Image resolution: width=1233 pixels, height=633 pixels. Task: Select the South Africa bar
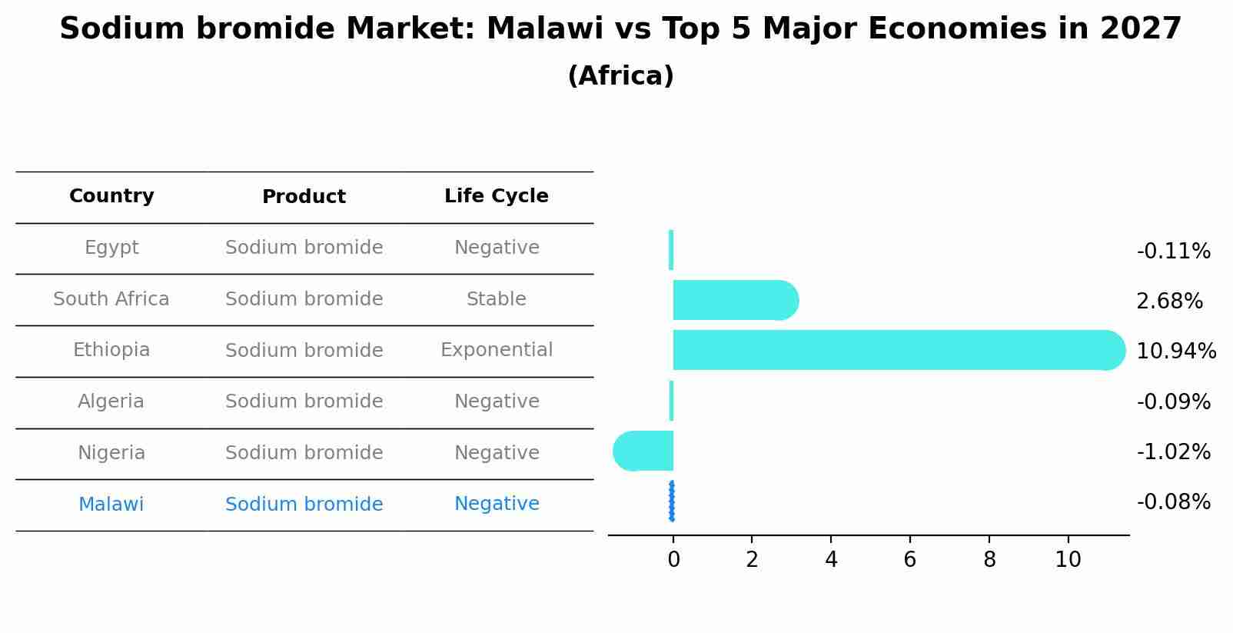click(x=734, y=300)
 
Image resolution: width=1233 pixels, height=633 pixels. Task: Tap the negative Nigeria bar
click(x=644, y=451)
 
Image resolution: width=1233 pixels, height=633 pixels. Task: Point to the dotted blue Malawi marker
click(x=672, y=501)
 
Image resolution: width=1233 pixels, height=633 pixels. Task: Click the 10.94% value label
click(x=1175, y=351)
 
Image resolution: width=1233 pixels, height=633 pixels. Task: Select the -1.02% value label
click(x=1173, y=452)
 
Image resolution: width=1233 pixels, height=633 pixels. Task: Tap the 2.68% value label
click(x=1169, y=302)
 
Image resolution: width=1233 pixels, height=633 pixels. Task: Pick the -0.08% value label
click(x=1173, y=502)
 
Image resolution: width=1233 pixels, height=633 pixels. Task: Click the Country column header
click(x=111, y=196)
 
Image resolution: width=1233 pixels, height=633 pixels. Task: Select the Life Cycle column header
click(x=496, y=196)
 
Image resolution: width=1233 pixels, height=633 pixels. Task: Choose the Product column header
click(x=304, y=197)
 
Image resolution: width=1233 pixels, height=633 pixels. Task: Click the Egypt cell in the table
click(x=111, y=248)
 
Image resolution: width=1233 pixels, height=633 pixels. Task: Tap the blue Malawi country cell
click(x=111, y=505)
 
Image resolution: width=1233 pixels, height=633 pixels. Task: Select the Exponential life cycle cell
click(x=496, y=350)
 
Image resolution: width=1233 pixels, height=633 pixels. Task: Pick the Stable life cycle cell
click(x=496, y=299)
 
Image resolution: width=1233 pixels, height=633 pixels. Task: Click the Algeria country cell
click(x=111, y=401)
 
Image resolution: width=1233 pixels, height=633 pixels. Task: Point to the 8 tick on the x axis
click(x=989, y=560)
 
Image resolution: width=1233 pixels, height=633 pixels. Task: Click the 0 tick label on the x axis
click(x=673, y=560)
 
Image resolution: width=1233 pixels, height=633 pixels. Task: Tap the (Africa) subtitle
click(x=620, y=76)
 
